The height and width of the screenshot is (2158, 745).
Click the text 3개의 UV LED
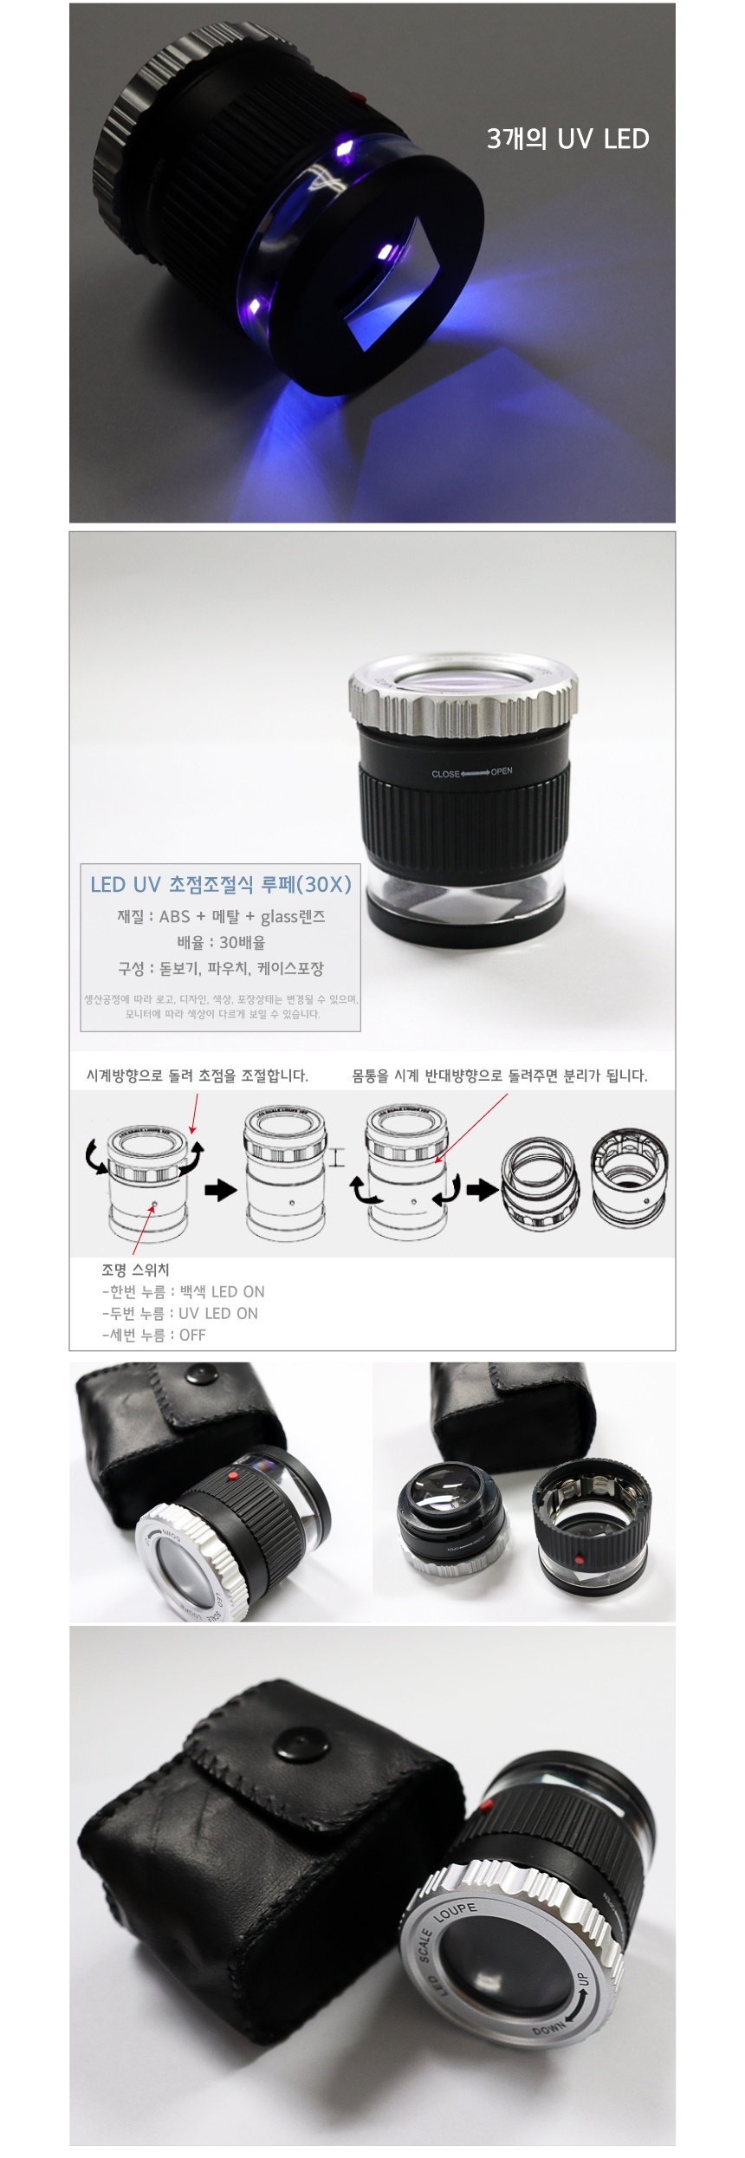[567, 139]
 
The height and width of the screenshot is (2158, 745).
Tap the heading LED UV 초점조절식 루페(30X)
[221, 884]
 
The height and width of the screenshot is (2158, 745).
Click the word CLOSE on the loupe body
[445, 773]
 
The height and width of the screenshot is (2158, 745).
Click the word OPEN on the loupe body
[502, 770]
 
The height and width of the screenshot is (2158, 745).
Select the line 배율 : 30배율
[221, 942]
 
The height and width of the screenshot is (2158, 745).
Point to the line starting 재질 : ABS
[221, 916]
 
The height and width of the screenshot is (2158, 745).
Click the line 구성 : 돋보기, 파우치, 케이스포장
[221, 968]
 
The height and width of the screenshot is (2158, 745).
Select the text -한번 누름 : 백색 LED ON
[183, 1291]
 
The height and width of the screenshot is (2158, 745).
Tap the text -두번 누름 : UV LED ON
[179, 1313]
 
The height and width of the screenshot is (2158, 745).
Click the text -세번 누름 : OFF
[153, 1335]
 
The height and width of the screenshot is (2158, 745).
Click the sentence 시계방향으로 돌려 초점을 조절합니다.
[197, 1076]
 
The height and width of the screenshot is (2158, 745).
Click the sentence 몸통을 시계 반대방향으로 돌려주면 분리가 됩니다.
[499, 1076]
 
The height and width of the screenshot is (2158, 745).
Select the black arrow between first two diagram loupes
[220, 1190]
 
